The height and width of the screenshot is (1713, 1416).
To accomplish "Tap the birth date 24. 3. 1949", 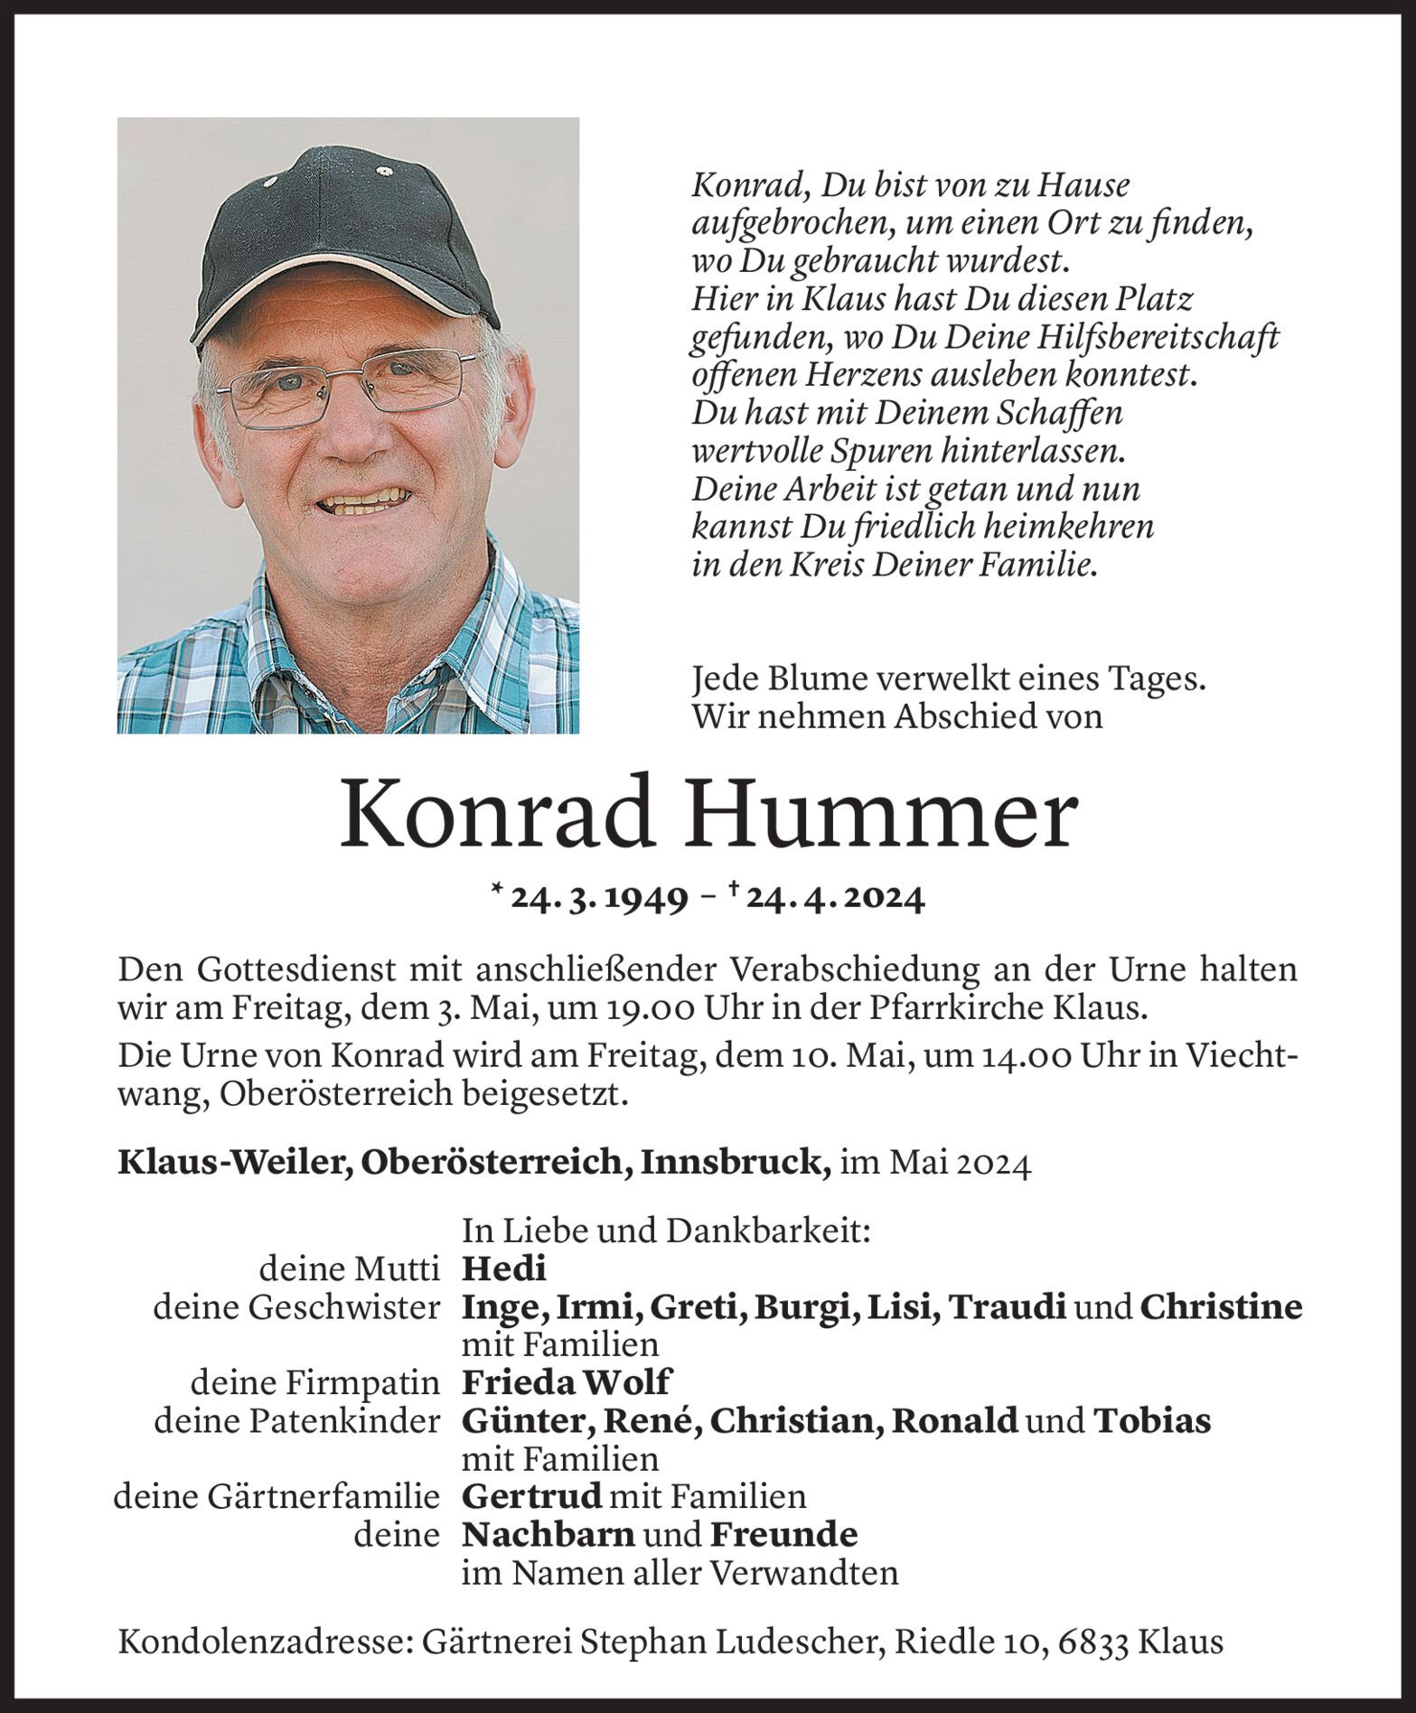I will tap(597, 900).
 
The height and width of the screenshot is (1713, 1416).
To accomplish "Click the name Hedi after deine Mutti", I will tap(503, 1269).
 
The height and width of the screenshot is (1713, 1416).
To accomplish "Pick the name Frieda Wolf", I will tap(567, 1382).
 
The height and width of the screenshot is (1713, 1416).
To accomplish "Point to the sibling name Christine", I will tap(1221, 1307).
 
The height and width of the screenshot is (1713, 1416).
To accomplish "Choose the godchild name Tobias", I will tap(1152, 1421).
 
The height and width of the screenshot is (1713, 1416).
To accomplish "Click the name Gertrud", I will tap(531, 1497).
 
